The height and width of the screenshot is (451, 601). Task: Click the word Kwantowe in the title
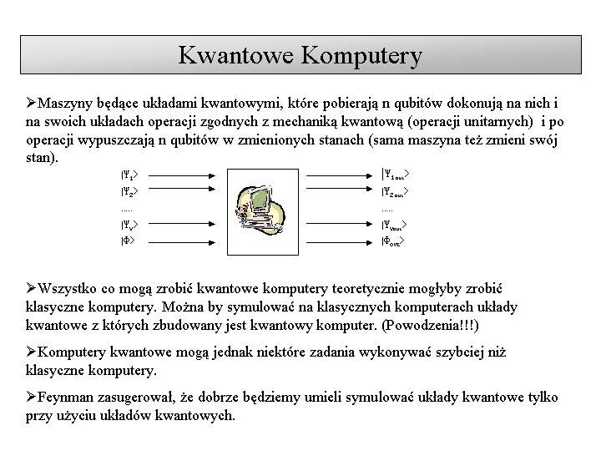235,55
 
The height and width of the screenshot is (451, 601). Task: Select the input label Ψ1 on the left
128,175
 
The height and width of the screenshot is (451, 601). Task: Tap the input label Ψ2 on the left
128,192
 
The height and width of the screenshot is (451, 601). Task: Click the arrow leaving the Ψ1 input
180,175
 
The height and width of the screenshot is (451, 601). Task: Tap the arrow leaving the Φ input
180,241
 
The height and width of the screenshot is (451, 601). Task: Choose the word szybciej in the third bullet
469,352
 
